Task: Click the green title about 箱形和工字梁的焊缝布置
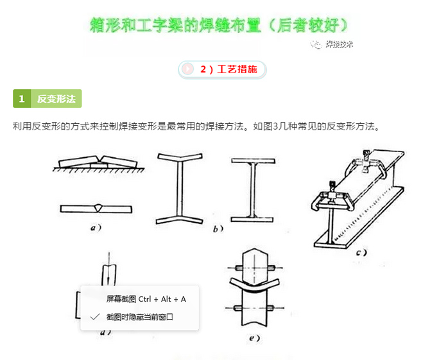[x=219, y=24]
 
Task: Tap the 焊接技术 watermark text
[x=339, y=44]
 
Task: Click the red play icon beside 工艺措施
[x=188, y=69]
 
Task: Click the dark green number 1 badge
[x=21, y=98]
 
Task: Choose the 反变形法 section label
[x=56, y=98]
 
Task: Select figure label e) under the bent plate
[x=254, y=338]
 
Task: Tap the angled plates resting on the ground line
[x=96, y=162]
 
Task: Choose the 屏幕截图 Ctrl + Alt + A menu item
[x=146, y=299]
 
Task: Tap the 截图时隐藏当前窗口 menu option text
[x=140, y=316]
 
